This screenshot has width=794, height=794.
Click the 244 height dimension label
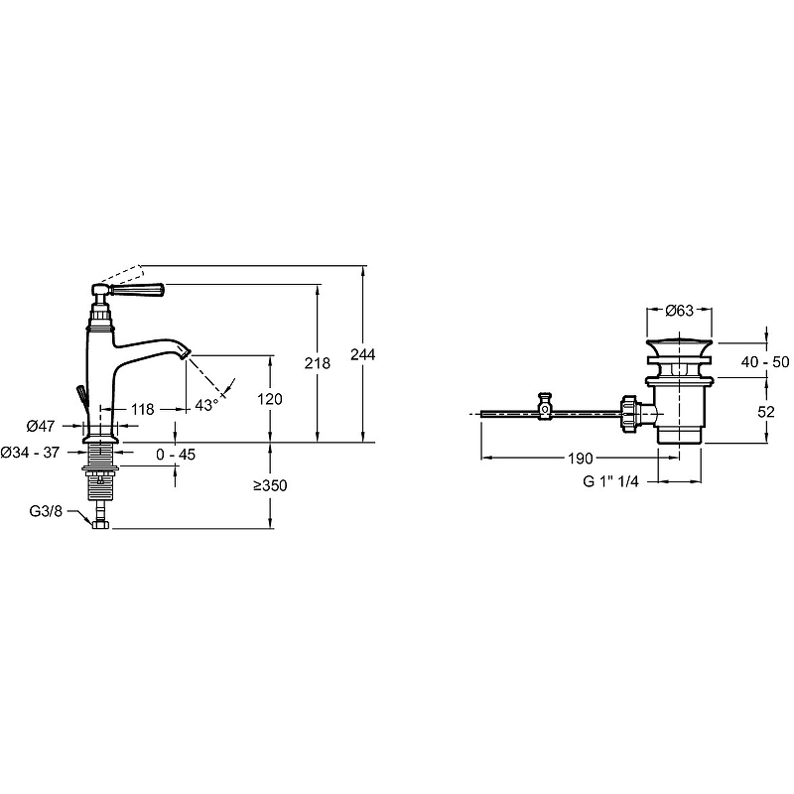click(365, 355)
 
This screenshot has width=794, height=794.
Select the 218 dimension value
click(318, 364)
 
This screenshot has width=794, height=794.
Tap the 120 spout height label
click(269, 399)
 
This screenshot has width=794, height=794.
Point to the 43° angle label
click(205, 405)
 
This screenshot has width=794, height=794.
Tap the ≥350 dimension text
click(269, 487)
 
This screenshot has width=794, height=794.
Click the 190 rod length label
click(582, 459)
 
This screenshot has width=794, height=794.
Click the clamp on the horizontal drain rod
click(544, 408)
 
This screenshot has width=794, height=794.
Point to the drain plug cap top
click(679, 340)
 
